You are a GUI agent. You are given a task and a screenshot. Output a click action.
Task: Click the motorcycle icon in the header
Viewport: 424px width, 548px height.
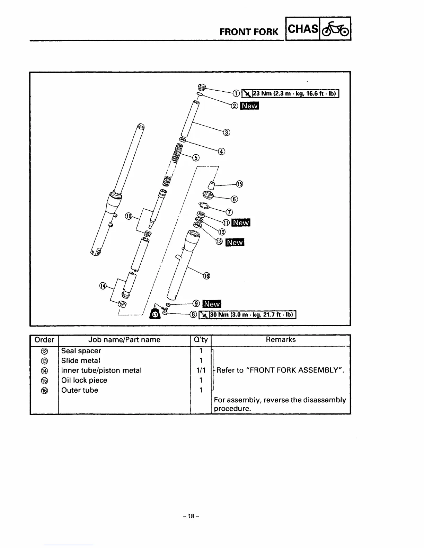336,29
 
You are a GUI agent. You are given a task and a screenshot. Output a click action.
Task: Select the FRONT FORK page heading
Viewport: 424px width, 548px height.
249,32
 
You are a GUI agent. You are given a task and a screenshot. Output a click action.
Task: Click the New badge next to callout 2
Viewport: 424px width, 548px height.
250,106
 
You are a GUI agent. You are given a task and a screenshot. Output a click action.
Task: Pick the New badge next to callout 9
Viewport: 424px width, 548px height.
212,304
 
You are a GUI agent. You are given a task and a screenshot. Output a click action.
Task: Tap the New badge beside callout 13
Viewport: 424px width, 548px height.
235,242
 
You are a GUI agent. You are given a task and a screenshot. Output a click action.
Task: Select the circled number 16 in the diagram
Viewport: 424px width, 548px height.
206,276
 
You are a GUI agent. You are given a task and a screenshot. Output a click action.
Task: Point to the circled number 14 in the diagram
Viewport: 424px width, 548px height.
103,285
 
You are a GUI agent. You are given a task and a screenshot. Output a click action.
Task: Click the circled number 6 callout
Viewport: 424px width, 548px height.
234,199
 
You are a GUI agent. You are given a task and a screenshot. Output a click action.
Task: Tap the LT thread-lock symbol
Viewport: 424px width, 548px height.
156,314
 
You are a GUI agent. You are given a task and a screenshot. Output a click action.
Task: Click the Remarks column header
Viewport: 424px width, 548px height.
281,340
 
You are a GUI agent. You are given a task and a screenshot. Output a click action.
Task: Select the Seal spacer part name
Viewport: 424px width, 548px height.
81,351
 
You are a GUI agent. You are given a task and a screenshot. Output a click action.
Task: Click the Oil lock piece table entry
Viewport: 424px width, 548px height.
84,380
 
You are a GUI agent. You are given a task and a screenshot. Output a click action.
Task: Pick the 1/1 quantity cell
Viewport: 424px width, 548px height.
201,371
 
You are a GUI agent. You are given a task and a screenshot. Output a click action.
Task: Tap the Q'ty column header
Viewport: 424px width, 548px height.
201,340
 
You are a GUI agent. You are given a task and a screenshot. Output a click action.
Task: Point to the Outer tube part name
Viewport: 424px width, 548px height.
80,390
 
